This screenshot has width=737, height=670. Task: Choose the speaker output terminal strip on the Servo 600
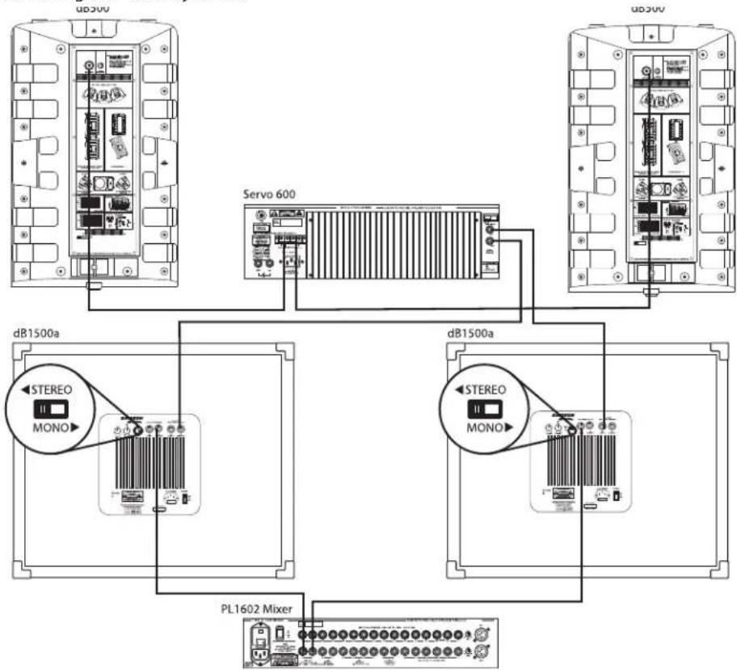[290, 238]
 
